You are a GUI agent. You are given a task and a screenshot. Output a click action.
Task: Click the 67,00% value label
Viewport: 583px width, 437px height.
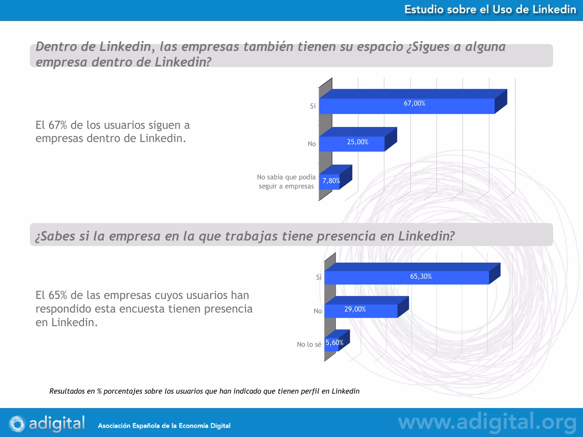click(x=414, y=103)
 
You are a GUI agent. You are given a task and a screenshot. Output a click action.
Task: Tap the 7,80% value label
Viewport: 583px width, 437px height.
click(x=331, y=181)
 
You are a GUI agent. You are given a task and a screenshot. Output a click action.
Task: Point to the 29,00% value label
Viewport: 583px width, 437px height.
click(x=355, y=309)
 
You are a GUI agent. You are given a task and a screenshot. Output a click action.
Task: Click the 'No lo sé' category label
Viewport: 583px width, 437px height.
click(x=309, y=345)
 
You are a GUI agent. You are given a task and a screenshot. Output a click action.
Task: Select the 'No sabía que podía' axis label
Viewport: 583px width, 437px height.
click(x=286, y=177)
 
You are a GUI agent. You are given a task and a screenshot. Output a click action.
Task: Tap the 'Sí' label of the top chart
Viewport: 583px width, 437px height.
click(x=313, y=106)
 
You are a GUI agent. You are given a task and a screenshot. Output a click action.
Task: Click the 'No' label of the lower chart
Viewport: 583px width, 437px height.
click(x=317, y=311)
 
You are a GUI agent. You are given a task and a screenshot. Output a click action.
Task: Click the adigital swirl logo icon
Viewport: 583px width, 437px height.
click(x=17, y=424)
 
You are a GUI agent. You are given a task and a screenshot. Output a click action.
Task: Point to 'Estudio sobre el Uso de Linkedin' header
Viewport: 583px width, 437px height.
click(x=490, y=10)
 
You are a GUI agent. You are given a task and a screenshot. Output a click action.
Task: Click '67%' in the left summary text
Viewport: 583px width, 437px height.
click(x=58, y=125)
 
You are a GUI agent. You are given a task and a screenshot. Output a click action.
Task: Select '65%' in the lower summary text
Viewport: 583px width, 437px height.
click(x=58, y=295)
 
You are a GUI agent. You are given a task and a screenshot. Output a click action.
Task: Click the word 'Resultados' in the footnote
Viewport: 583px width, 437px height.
click(x=67, y=391)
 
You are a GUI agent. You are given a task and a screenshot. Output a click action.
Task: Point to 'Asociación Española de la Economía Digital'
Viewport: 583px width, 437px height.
click(x=164, y=426)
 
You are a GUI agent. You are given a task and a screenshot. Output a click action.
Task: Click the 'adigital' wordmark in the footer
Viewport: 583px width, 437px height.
click(x=57, y=423)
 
